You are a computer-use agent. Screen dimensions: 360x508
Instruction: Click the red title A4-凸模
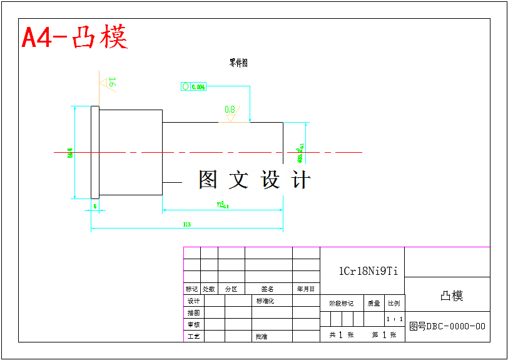pyautogui.click(x=74, y=38)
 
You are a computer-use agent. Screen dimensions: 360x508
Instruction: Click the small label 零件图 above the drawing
pyautogui.click(x=238, y=63)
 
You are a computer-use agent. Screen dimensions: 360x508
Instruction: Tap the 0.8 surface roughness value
pyautogui.click(x=230, y=110)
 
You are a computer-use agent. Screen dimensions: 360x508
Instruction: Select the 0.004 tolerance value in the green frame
pyautogui.click(x=198, y=87)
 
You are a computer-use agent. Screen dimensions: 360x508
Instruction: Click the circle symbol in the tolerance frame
pyautogui.click(x=185, y=86)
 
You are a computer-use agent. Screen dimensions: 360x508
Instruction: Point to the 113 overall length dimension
pyautogui.click(x=186, y=224)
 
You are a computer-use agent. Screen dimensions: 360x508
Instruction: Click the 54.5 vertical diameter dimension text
pyautogui.click(x=71, y=153)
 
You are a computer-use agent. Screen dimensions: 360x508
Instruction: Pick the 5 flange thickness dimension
pyautogui.click(x=94, y=205)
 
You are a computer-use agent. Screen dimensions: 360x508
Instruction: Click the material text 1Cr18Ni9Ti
pyautogui.click(x=368, y=271)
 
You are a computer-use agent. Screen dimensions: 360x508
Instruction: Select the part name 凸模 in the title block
pyautogui.click(x=452, y=296)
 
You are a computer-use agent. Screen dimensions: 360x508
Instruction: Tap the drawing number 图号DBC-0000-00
pyautogui.click(x=447, y=326)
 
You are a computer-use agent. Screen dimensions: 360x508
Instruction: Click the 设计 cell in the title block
pyautogui.click(x=193, y=301)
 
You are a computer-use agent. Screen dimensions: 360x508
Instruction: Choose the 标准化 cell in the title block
pyautogui.click(x=265, y=301)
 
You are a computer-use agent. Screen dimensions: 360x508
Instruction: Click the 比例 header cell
pyautogui.click(x=394, y=304)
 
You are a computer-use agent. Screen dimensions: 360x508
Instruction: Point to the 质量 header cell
pyautogui.click(x=373, y=304)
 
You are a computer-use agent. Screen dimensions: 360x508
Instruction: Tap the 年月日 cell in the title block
pyautogui.click(x=306, y=289)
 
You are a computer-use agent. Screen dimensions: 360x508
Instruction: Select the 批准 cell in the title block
pyautogui.click(x=262, y=337)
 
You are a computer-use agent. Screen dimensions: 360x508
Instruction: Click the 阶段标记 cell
pyautogui.click(x=342, y=304)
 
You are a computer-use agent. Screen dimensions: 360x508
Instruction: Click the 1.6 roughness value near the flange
pyautogui.click(x=112, y=82)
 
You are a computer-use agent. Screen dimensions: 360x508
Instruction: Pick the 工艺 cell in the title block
pyautogui.click(x=193, y=337)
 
